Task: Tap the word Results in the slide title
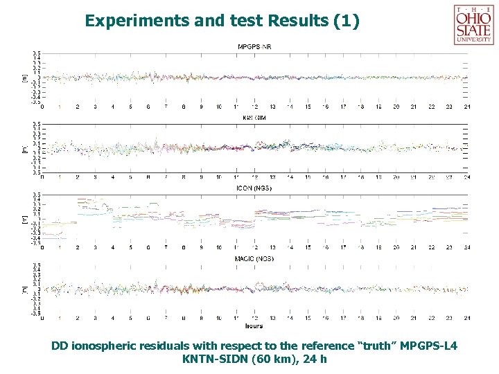coord(295,21)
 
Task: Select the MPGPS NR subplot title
coord(255,46)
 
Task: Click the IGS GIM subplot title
coord(254,118)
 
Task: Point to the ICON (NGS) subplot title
coord(254,187)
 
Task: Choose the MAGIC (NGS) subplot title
coord(254,258)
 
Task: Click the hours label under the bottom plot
coord(253,325)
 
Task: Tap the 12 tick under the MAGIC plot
coord(255,319)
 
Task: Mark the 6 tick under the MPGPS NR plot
coord(148,107)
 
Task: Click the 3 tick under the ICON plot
coord(96,247)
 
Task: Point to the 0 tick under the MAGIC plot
coord(43,319)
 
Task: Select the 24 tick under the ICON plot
coord(467,247)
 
